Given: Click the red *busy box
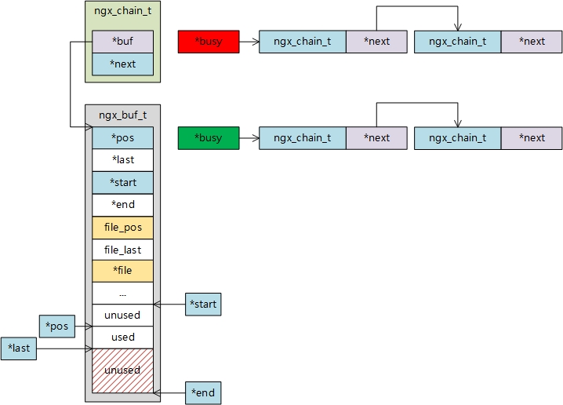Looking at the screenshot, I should tap(208, 41).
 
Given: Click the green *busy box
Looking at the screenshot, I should tap(208, 138).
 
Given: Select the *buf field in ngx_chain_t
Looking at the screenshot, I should tap(123, 42).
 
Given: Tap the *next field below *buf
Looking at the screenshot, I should tap(123, 64).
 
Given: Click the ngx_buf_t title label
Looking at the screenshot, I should tap(122, 115).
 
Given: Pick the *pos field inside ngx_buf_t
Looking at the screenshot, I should tap(123, 138).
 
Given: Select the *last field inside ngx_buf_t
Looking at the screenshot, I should tap(123, 160).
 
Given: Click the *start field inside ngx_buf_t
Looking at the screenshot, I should tap(123, 182).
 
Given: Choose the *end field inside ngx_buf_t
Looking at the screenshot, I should tap(123, 204).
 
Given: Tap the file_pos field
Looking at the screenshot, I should tap(123, 227).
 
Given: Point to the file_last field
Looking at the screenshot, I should tap(123, 249).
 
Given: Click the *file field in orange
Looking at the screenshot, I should tap(123, 271).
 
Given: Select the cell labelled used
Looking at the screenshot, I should tap(123, 337).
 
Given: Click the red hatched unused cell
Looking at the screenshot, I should tap(123, 370).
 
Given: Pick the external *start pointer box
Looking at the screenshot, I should tap(203, 304).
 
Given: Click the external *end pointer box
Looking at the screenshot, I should tap(203, 392).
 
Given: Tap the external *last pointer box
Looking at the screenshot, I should tap(19, 348).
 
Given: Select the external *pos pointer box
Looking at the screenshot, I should tap(57, 326).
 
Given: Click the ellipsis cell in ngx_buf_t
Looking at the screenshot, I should tap(123, 293).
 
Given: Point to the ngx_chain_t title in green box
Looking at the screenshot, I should tap(122, 13).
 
